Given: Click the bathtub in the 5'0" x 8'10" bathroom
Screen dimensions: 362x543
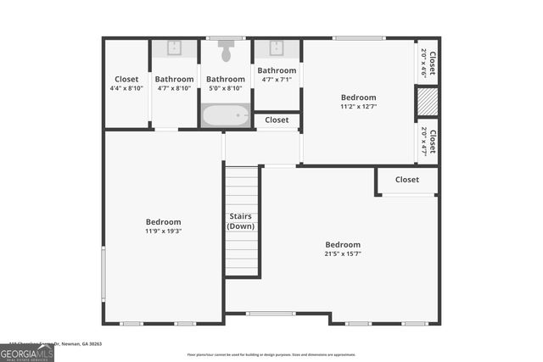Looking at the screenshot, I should (226, 115).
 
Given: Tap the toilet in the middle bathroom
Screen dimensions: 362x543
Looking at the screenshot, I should (226, 52).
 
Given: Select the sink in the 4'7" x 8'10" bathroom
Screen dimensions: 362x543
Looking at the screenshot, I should (174, 48).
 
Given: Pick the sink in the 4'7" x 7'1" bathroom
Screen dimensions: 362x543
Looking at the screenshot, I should (277, 48).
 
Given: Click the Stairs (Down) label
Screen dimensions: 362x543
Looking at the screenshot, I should (241, 221).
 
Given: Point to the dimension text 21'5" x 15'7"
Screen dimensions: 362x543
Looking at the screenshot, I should (343, 253).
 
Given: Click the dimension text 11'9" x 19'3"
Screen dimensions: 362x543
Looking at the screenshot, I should (163, 231).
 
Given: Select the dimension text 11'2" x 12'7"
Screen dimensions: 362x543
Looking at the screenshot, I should (358, 107).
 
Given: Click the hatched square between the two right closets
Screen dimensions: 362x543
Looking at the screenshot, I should (426, 102).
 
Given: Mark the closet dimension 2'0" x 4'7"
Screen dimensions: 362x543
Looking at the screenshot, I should (424, 140).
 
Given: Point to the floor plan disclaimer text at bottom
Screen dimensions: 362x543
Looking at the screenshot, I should (271, 354).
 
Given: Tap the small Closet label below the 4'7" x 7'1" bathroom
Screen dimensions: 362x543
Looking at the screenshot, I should (277, 120).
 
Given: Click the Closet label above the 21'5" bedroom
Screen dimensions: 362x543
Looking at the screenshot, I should (406, 180).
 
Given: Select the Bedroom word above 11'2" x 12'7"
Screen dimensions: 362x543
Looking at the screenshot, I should (358, 97).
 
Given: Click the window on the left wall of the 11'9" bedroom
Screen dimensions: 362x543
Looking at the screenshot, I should (104, 270).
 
